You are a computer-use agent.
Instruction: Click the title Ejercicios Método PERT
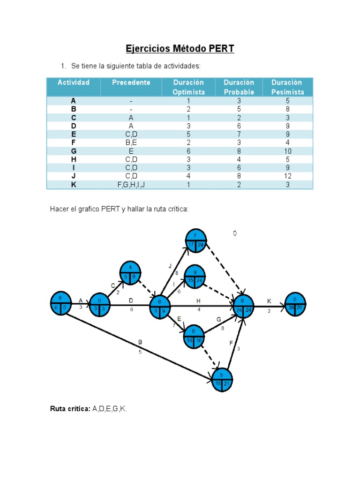coord(180,49)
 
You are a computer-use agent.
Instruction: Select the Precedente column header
coord(131,82)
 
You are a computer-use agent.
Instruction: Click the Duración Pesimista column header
coord(287,87)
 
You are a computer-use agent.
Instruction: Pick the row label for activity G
coord(73,151)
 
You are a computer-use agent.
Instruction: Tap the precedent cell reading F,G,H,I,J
coord(131,185)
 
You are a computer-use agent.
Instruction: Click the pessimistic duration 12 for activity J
coord(287,176)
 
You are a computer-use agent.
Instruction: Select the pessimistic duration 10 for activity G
coord(287,151)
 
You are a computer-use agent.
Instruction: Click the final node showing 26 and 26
coord(295,304)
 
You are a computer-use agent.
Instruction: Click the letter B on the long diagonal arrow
coord(140,343)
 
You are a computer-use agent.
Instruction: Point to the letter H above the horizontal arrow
coord(199,300)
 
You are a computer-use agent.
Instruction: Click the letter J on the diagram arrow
coord(170,266)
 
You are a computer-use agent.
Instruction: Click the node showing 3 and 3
coord(99,305)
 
